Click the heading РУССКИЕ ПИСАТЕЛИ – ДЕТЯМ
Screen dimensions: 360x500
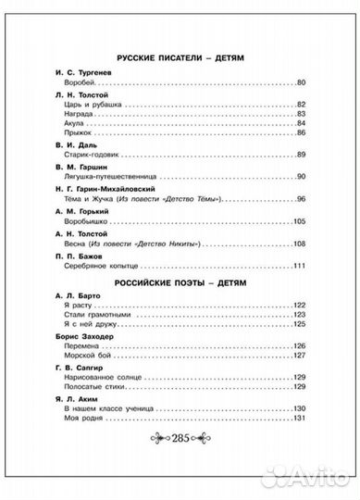[x=180, y=57]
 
